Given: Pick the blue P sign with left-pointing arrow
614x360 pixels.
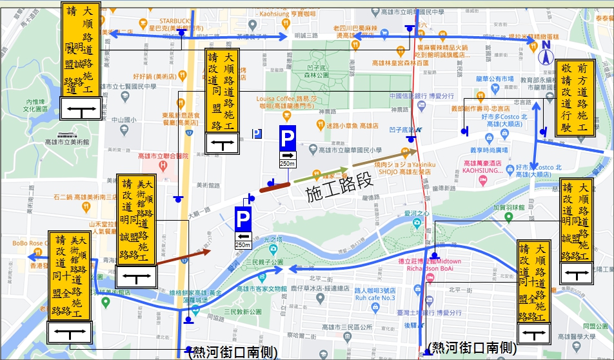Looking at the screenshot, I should click(x=243, y=228).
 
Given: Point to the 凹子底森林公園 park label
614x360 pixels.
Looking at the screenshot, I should click(x=318, y=71).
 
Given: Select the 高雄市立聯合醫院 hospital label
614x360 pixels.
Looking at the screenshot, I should click(x=163, y=155).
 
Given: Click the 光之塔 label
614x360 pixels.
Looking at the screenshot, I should click(x=273, y=239).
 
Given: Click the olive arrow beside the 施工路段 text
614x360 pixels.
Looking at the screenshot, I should click(x=384, y=157).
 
